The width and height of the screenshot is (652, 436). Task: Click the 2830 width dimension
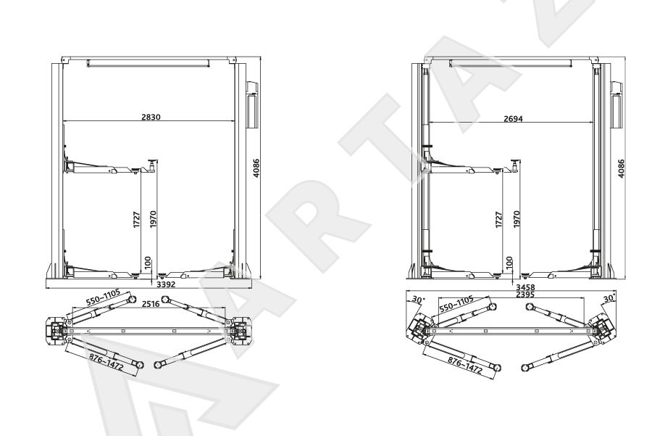click(151, 117)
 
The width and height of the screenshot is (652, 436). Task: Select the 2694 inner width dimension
click(513, 119)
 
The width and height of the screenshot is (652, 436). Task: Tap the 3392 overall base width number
click(165, 285)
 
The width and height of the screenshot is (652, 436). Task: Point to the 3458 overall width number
click(525, 287)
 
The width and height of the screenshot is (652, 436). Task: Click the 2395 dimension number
click(525, 295)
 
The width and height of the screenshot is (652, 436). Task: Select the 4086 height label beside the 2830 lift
click(256, 168)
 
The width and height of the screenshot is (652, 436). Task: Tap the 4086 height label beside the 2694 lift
click(621, 168)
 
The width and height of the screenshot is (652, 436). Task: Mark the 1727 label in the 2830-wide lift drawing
click(137, 220)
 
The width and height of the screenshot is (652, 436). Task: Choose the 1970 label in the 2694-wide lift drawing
click(517, 219)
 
